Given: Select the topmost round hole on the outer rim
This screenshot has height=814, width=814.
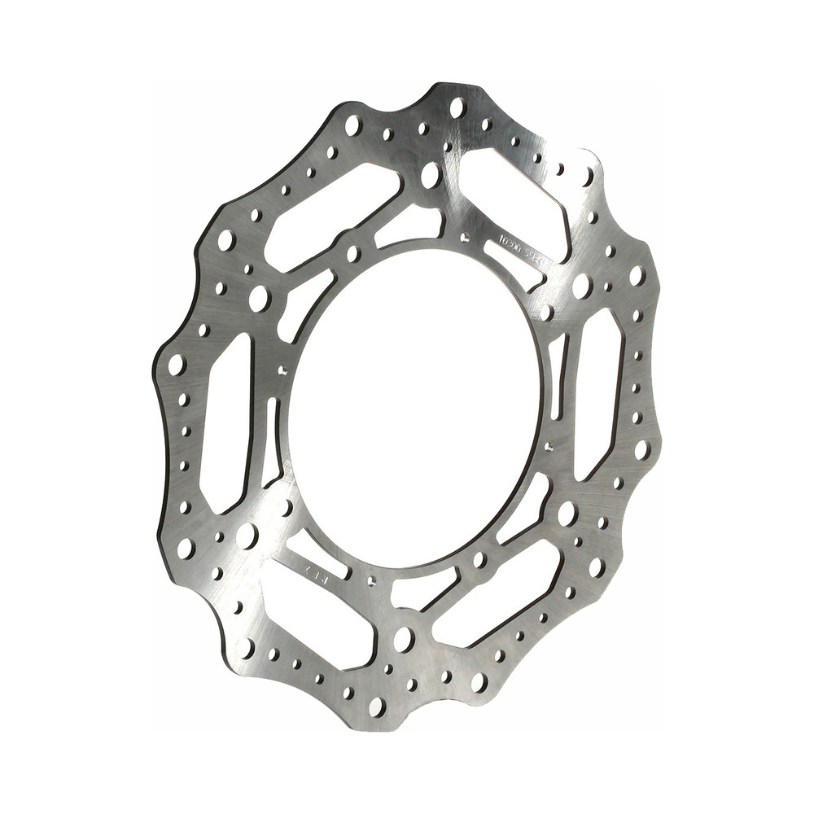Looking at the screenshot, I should tap(457, 107).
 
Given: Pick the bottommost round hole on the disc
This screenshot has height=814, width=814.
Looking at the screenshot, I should tap(377, 706).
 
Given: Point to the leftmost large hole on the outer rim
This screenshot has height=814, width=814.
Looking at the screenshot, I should tap(177, 364).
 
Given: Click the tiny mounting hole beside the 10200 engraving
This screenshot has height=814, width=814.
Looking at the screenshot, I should tap(464, 239).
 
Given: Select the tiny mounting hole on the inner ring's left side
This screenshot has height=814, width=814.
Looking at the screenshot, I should tap(282, 370).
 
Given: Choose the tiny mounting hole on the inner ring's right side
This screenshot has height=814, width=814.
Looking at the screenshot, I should tap(549, 446).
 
